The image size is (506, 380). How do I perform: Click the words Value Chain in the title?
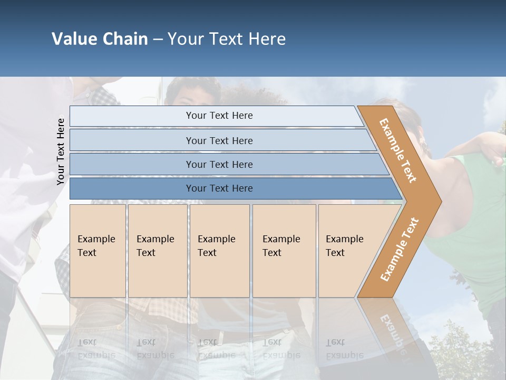click(x=100, y=39)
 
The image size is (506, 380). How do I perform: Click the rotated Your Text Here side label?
click(x=61, y=151)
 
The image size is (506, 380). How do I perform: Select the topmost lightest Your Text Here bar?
click(x=219, y=116)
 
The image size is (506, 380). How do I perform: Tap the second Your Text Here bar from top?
click(x=219, y=140)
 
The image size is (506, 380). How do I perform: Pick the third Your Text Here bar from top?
click(x=219, y=164)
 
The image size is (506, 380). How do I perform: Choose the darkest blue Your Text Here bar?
click(x=219, y=188)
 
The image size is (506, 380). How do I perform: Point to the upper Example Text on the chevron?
click(x=398, y=150)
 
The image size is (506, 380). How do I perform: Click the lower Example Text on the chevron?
click(x=400, y=249)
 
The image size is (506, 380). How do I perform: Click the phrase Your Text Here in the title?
click(x=227, y=39)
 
